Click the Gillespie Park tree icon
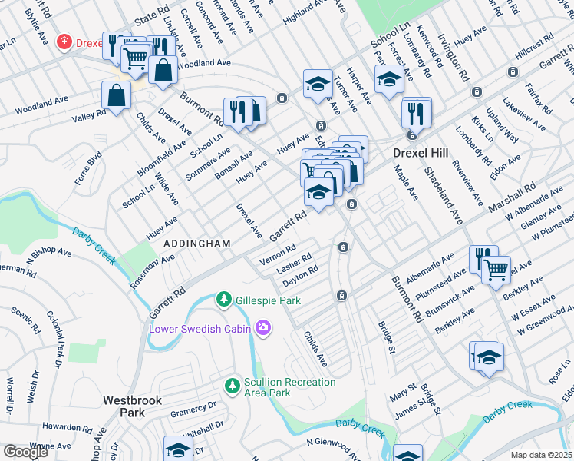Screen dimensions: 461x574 [x=223, y=298]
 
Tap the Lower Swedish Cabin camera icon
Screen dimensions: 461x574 [x=263, y=328]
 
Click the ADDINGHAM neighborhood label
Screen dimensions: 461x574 [x=197, y=244]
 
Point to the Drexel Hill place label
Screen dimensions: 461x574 [x=419, y=152]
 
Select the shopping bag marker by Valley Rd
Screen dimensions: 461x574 [x=116, y=96]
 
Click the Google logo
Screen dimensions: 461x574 [x=25, y=451]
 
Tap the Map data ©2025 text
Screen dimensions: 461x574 [x=541, y=455]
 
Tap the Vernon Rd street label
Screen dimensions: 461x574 [x=278, y=254]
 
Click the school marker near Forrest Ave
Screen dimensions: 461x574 [x=389, y=79]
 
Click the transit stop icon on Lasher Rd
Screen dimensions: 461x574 [x=343, y=247]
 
